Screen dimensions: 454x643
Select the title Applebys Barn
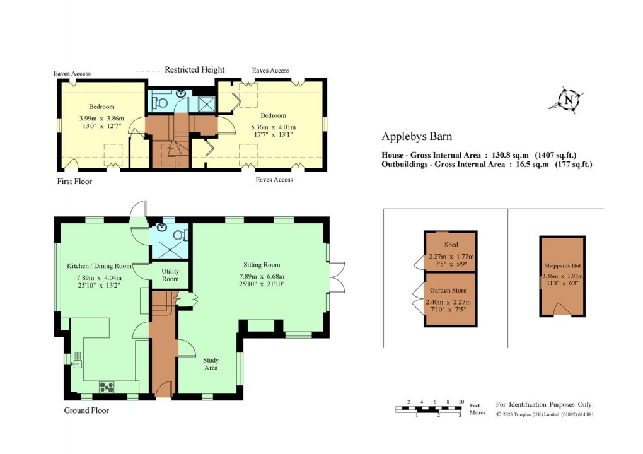(x=417, y=136)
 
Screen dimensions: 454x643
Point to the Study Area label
(x=210, y=364)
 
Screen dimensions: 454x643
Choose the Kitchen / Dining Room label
(x=99, y=266)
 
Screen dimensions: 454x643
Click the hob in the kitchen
(x=106, y=387)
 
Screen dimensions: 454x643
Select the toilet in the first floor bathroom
(x=161, y=102)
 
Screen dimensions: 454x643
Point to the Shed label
(x=451, y=245)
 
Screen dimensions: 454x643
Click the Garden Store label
(x=450, y=291)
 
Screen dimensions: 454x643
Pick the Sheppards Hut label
(x=563, y=265)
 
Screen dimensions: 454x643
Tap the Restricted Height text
(x=194, y=70)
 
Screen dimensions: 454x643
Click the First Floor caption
(x=72, y=182)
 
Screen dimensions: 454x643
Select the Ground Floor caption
(x=86, y=410)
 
